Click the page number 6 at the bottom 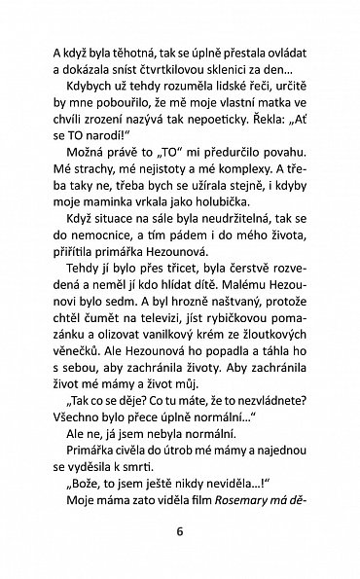click(x=179, y=529)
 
